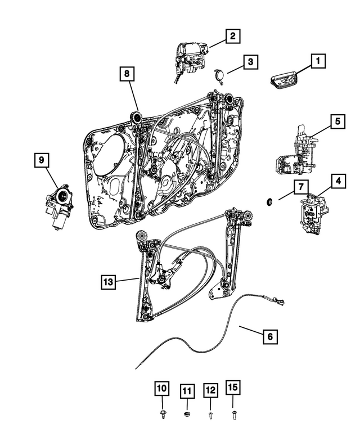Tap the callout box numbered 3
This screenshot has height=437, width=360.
[x=250, y=61]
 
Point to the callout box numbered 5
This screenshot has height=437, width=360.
[x=337, y=120]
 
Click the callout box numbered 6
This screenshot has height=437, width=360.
[x=270, y=337]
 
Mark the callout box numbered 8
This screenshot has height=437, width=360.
[x=127, y=73]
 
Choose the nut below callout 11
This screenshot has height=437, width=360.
[x=187, y=415]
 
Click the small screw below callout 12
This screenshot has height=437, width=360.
[x=210, y=415]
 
